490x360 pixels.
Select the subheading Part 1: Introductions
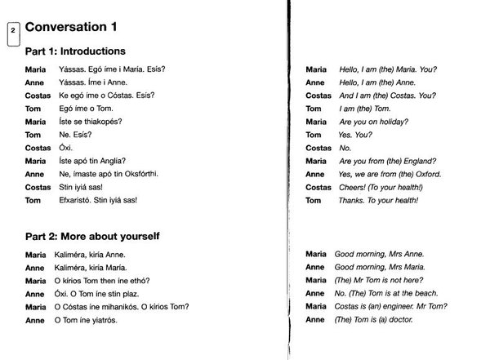(74, 51)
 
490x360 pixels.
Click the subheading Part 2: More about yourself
(91, 236)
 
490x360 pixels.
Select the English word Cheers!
(354, 187)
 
